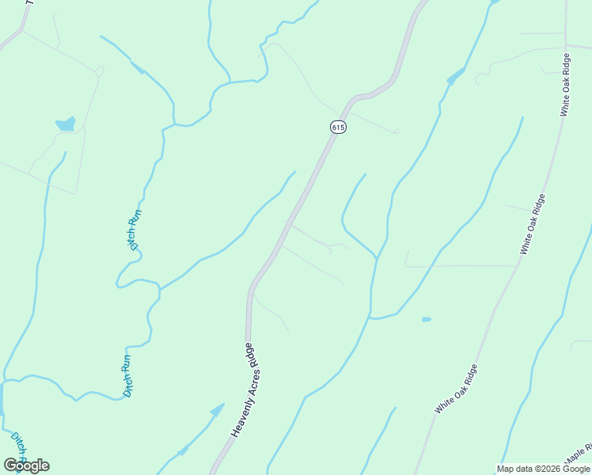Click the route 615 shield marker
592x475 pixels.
[x=338, y=127]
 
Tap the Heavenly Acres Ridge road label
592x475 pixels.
[x=247, y=390]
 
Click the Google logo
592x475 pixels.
[x=26, y=465]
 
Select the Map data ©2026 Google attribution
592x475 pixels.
[x=544, y=469]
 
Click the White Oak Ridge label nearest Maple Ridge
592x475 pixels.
[x=456, y=389]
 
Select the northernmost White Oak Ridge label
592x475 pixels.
[x=565, y=85]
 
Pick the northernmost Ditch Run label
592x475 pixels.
[x=136, y=229]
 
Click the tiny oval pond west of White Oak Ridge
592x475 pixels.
[x=427, y=319]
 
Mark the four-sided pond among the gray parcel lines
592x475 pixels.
[x=65, y=124]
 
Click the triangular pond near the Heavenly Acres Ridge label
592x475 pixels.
[x=216, y=410]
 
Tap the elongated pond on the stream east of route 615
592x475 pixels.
[x=456, y=77]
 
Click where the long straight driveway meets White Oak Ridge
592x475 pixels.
[x=517, y=266]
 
